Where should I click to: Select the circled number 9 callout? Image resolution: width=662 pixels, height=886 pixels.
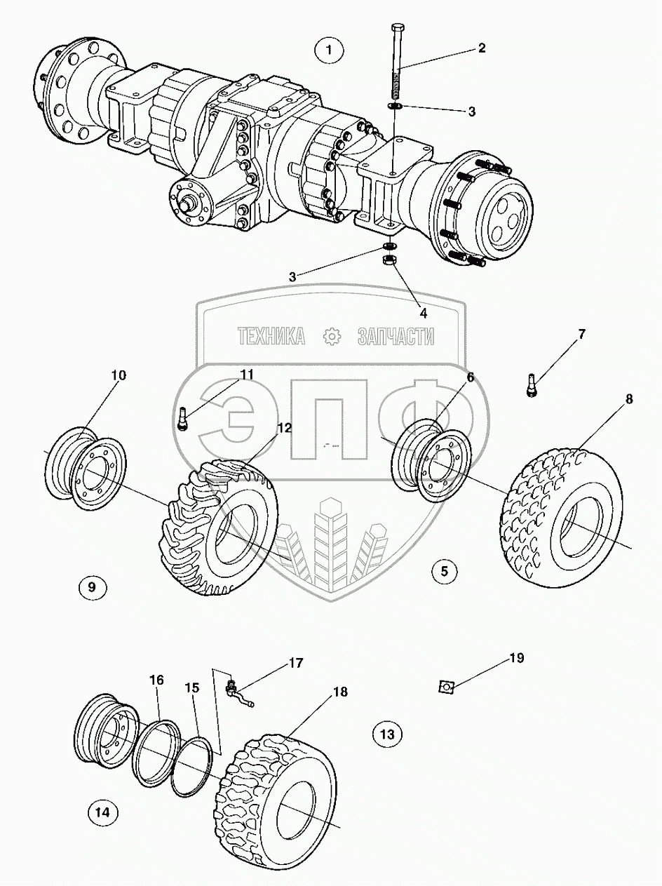[93, 586]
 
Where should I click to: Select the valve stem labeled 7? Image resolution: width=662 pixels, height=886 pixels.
[532, 386]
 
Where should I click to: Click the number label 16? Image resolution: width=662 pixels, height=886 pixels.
[156, 680]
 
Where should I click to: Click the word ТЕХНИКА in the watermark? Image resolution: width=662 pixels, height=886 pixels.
[271, 337]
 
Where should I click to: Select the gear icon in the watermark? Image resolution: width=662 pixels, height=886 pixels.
[330, 337]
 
